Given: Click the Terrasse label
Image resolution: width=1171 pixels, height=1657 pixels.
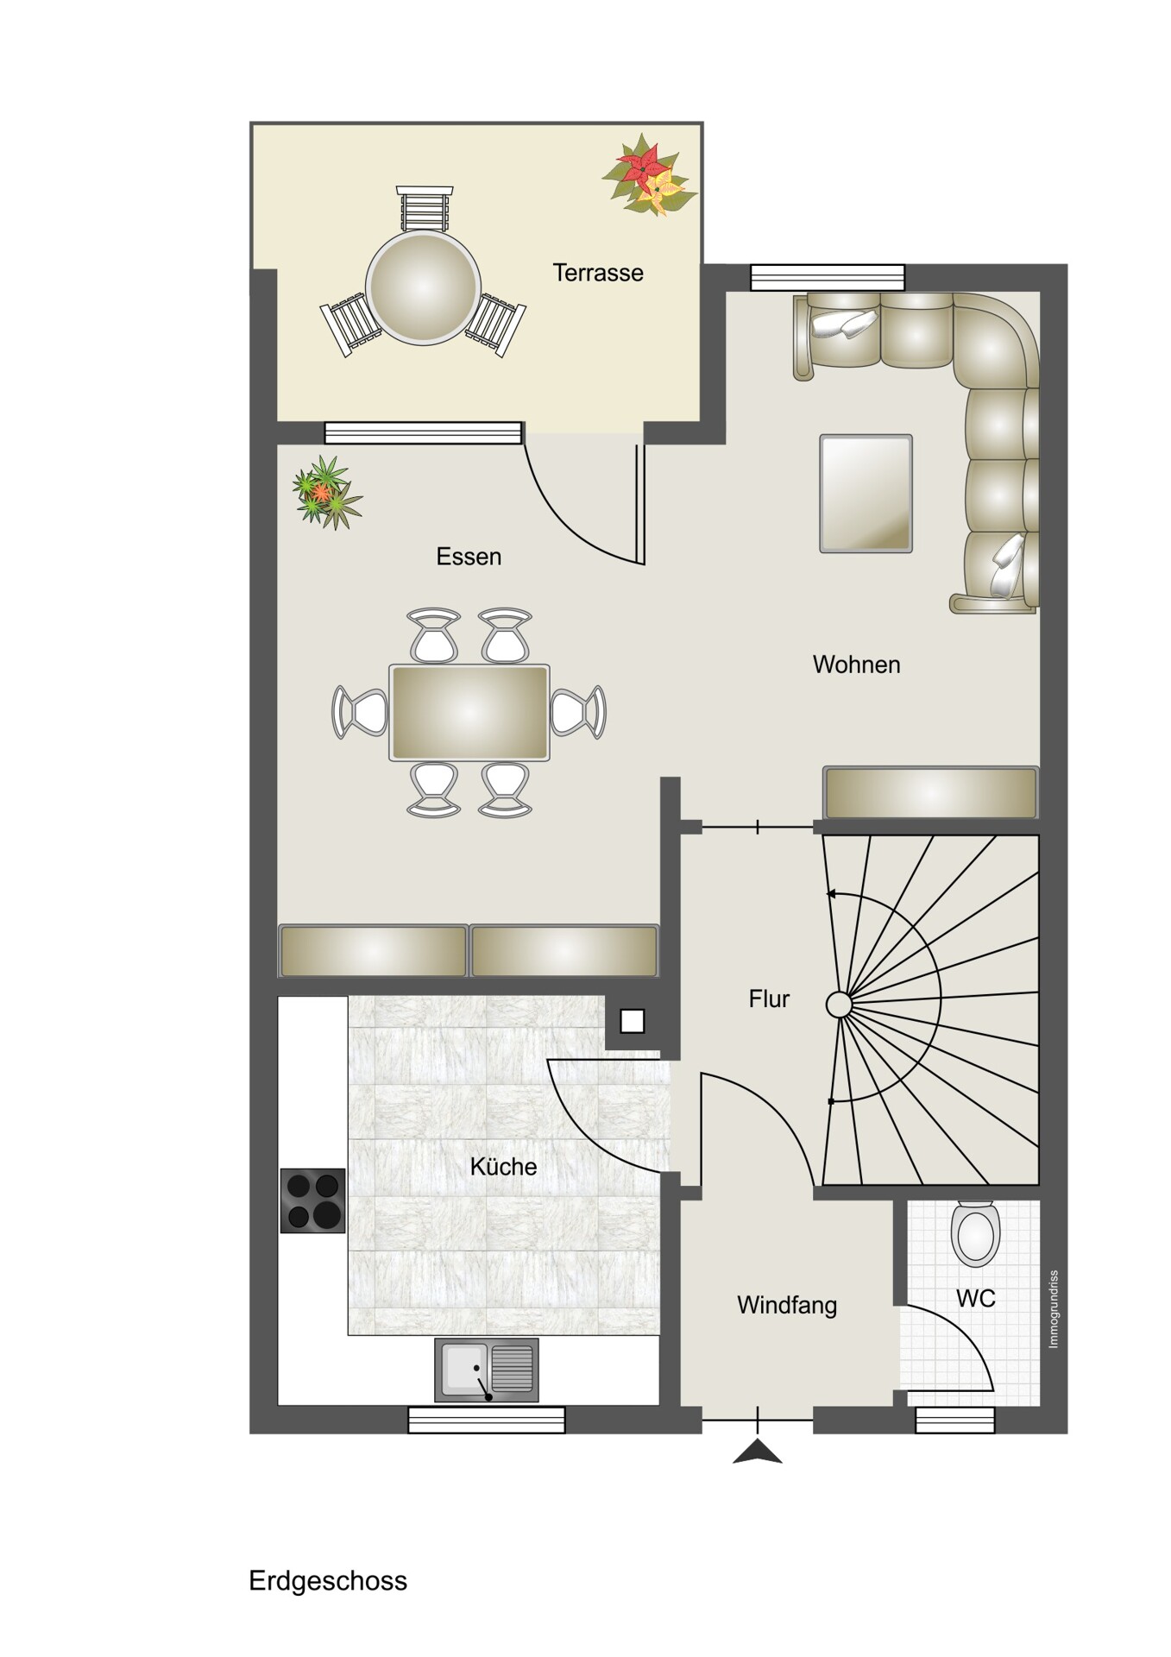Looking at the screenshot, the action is point(598,273).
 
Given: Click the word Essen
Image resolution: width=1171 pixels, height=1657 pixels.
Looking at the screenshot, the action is point(469,557).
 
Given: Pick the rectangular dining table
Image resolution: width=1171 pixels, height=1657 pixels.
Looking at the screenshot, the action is point(469,713).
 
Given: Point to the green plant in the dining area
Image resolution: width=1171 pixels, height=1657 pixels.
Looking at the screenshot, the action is point(327,492).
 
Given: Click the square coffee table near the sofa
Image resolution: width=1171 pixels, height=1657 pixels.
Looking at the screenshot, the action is point(866,494).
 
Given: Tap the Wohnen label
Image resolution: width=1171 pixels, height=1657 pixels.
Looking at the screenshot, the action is point(857,665).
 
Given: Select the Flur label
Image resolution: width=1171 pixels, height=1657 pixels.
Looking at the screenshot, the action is point(769,999).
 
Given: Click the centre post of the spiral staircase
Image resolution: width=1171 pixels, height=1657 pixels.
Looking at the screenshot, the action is point(839,1005).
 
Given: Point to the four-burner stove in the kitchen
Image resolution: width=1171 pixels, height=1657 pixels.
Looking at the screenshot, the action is point(312,1200).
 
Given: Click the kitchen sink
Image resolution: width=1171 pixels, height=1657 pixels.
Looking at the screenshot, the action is point(487,1370).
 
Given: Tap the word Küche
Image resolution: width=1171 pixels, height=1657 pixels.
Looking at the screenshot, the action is point(503,1167).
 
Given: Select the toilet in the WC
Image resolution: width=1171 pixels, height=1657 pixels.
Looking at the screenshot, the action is point(975,1233).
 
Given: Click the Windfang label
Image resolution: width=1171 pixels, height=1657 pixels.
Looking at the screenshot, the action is point(787,1305).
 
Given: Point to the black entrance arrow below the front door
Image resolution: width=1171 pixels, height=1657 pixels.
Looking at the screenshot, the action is point(758,1452).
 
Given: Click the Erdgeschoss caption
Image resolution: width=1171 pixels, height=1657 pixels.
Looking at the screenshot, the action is point(328,1581).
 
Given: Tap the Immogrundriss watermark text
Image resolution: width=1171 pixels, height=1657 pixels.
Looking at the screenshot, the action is point(1054,1308).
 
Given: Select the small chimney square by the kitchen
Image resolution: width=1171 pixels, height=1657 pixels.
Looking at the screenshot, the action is point(633,1021).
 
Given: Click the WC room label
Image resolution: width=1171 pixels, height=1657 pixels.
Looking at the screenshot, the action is point(976,1298).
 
